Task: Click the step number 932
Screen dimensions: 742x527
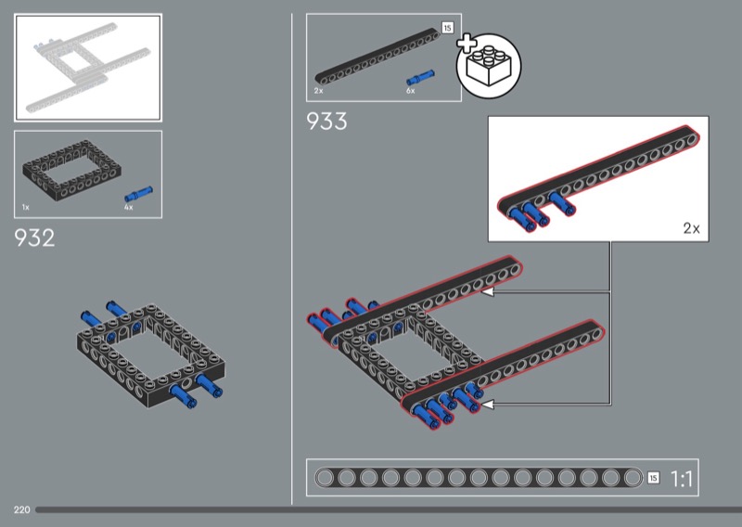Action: pos(34,238)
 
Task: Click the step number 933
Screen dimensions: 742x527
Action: pos(326,122)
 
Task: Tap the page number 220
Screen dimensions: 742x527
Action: pos(21,509)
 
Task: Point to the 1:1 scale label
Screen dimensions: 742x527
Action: pos(682,479)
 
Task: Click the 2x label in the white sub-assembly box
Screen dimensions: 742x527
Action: pos(691,228)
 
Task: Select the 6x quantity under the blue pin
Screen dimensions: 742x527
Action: pos(410,91)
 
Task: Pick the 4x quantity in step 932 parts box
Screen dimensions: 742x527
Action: pos(129,208)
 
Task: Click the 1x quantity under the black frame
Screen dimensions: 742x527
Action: pos(26,208)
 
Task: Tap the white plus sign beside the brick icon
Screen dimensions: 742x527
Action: pos(467,43)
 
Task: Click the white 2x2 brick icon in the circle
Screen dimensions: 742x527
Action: pos(489,66)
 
